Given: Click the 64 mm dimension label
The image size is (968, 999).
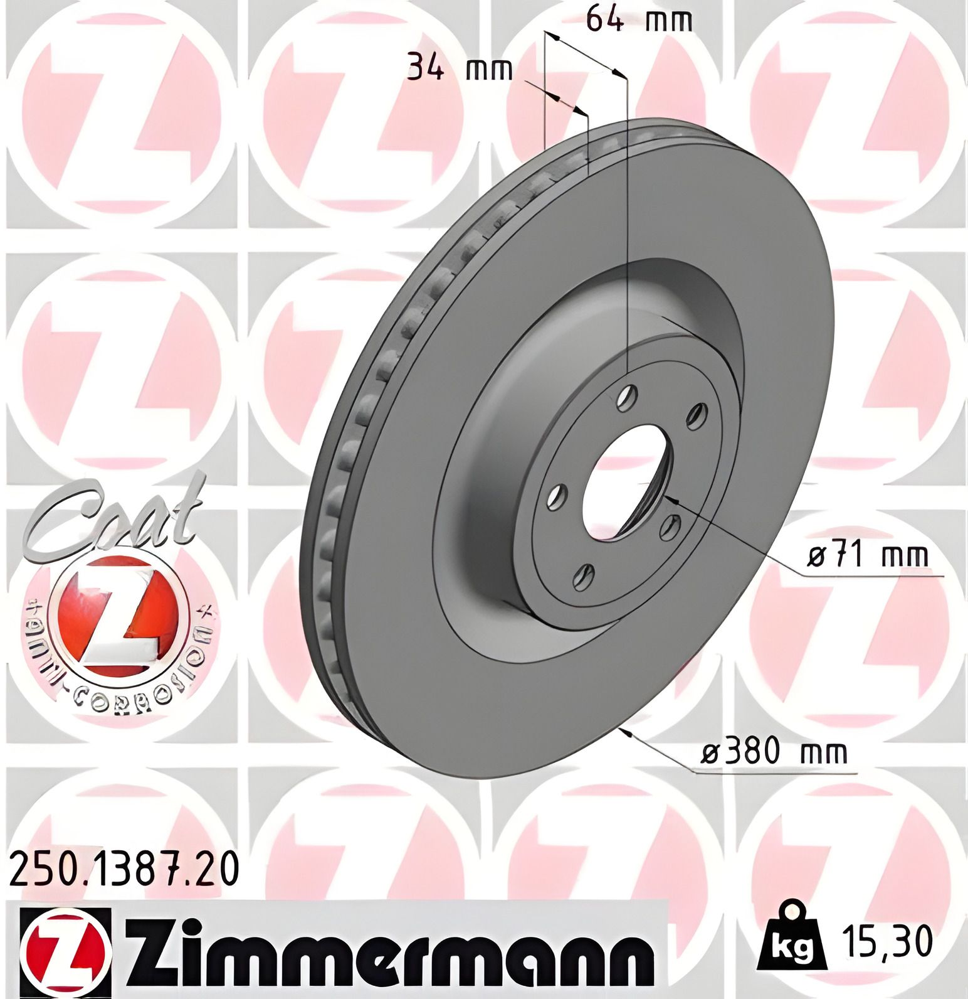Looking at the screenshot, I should pos(639,21).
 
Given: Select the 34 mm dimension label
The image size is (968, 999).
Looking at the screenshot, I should pos(460,68).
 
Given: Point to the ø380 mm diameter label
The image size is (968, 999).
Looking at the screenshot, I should pos(774,751).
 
